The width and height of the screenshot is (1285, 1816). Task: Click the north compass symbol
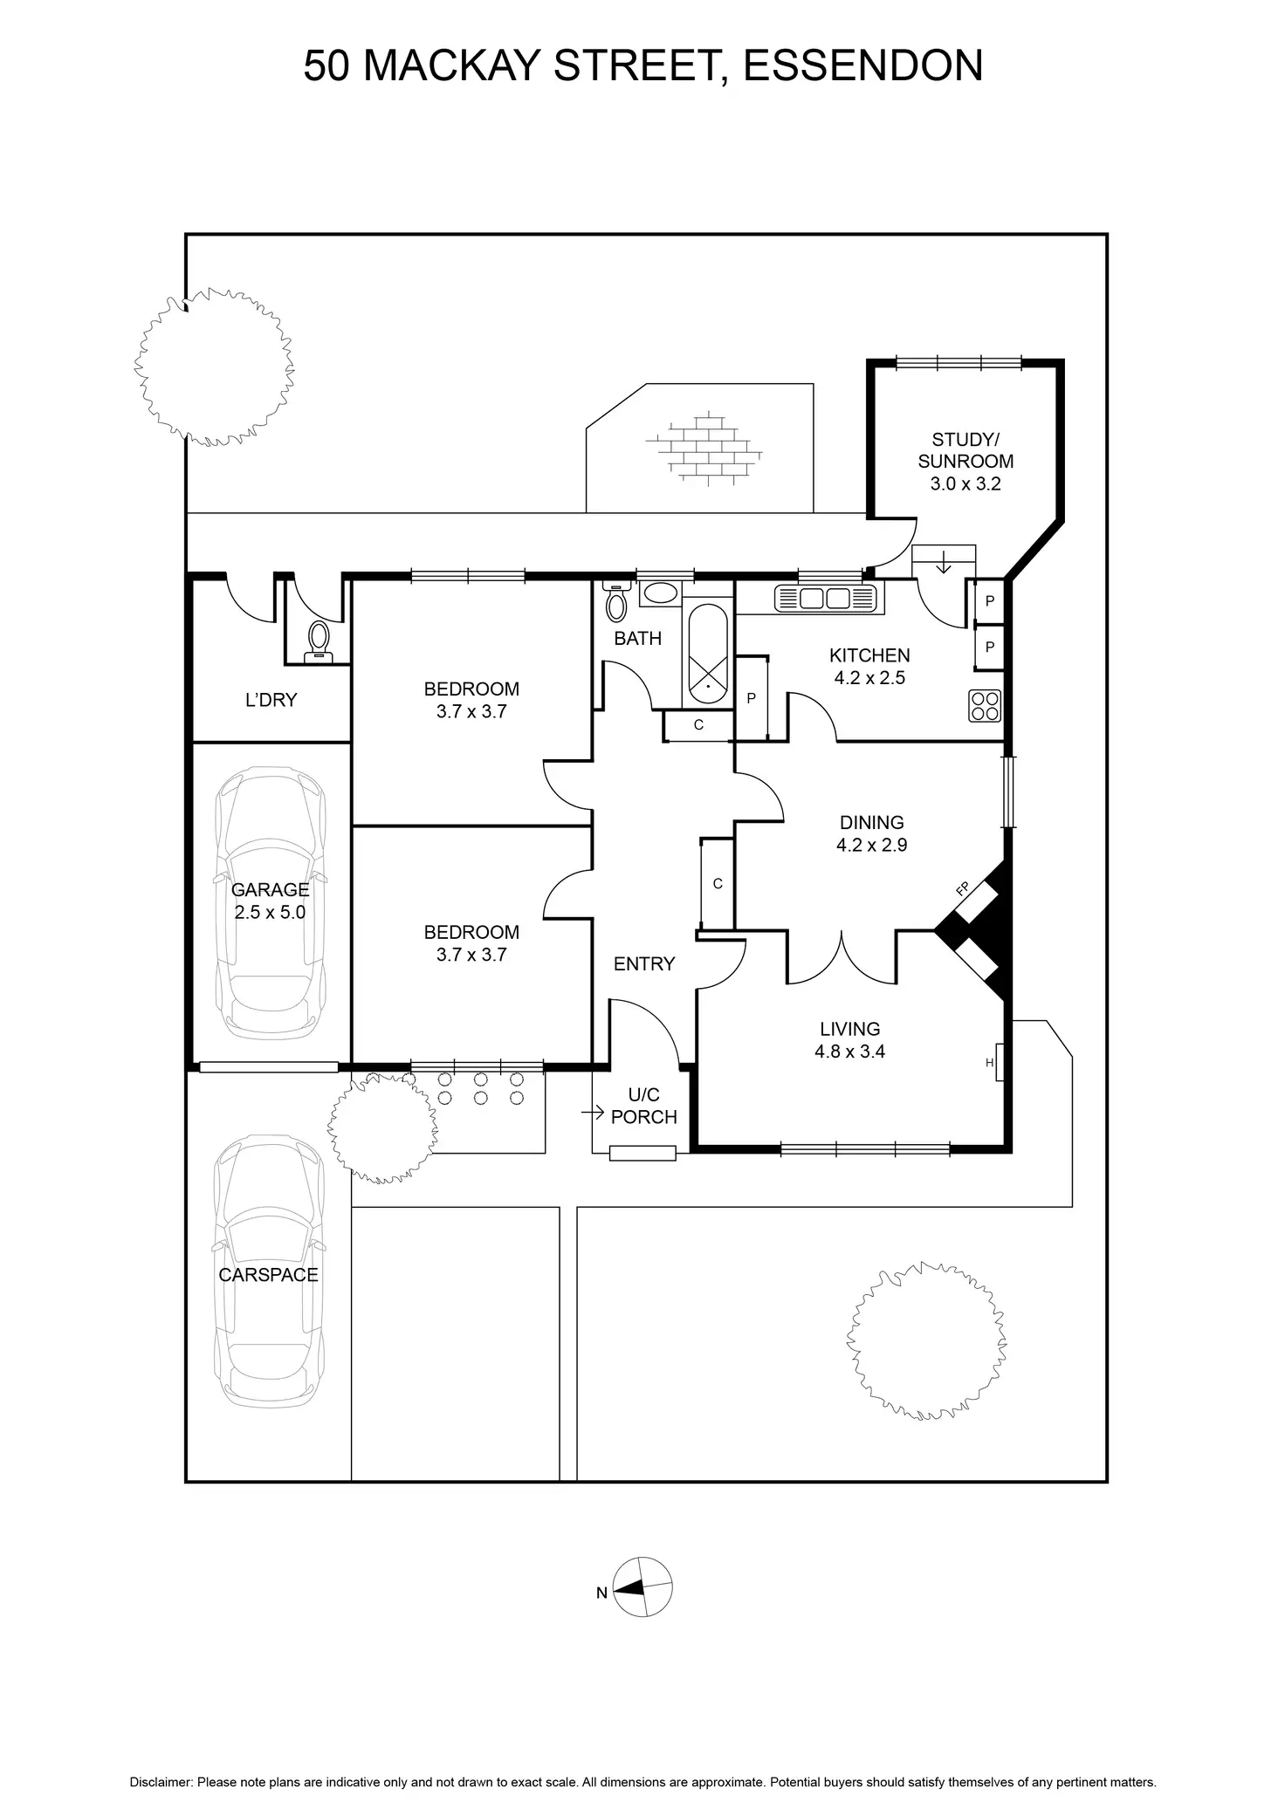click(x=642, y=1587)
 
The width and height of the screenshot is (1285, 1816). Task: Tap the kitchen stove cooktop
click(x=985, y=706)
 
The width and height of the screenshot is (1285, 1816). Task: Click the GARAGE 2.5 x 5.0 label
click(x=270, y=901)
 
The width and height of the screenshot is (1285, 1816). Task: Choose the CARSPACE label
click(x=268, y=1275)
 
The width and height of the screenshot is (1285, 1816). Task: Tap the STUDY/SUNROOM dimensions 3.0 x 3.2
click(x=965, y=484)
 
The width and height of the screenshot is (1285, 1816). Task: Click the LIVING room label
click(x=849, y=1030)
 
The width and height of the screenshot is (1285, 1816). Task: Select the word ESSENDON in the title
click(x=862, y=66)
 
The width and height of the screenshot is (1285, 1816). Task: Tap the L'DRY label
click(x=271, y=700)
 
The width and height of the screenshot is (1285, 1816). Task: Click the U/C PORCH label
click(x=643, y=1106)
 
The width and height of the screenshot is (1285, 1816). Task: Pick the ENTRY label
click(x=644, y=964)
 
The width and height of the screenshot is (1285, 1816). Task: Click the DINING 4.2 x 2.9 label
click(x=871, y=833)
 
